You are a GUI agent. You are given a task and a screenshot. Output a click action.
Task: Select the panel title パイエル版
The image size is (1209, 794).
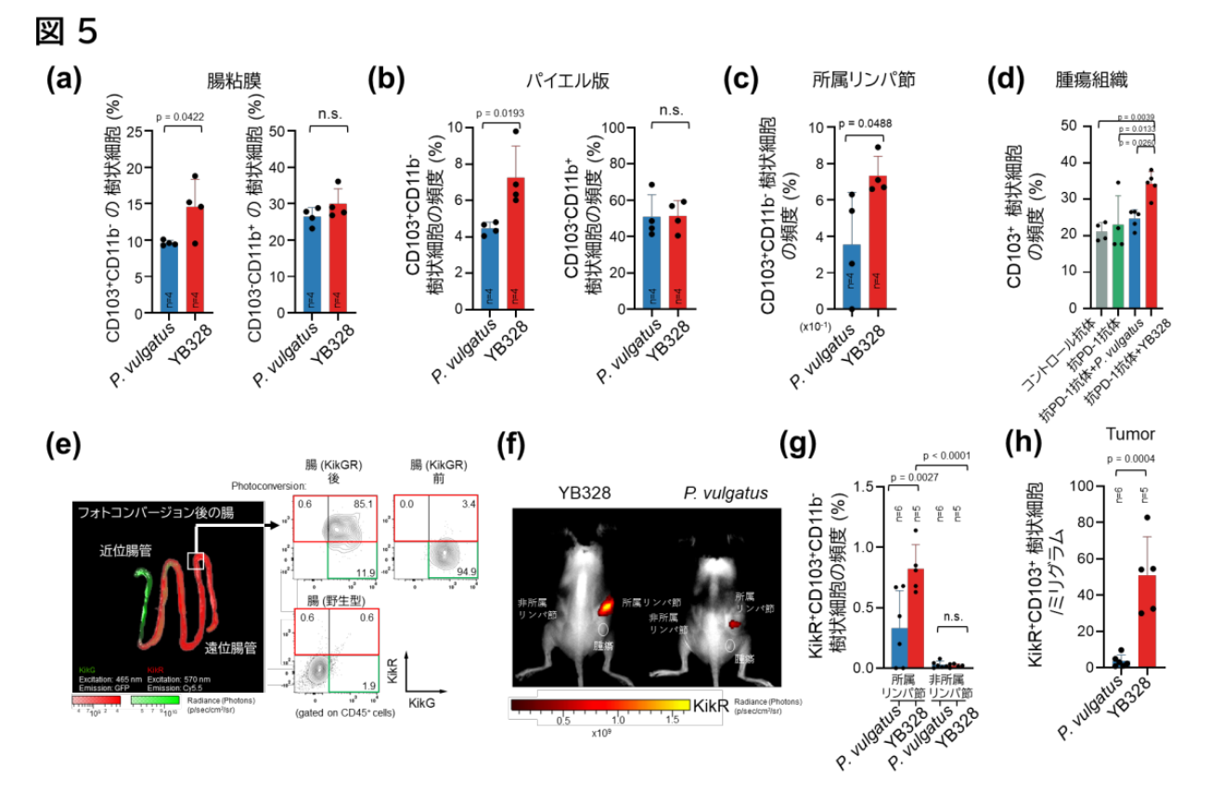574,81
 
